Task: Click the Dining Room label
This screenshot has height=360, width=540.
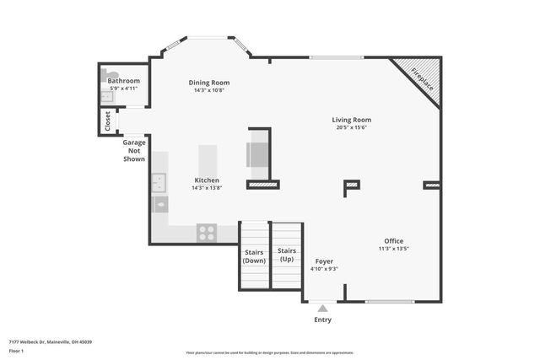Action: (208, 83)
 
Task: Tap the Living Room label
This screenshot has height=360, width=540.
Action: (351, 120)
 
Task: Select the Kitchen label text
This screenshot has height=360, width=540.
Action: (207, 180)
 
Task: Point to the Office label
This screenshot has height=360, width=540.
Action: (394, 240)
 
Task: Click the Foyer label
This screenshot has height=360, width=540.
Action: (324, 261)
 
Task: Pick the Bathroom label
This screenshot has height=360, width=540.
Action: (123, 81)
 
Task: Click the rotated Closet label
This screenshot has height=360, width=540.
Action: (108, 121)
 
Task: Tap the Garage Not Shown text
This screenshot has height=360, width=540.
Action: (134, 150)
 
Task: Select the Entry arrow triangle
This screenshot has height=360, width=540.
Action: (322, 309)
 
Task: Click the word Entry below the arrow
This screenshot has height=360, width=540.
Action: (322, 320)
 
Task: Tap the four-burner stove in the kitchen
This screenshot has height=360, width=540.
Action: (206, 233)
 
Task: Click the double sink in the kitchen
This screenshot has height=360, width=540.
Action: (158, 180)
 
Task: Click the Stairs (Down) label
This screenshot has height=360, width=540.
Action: (254, 256)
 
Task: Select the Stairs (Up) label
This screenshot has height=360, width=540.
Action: (287, 255)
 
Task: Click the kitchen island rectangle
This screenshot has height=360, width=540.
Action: (208, 159)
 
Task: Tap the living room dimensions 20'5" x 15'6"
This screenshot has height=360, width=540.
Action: (351, 127)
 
